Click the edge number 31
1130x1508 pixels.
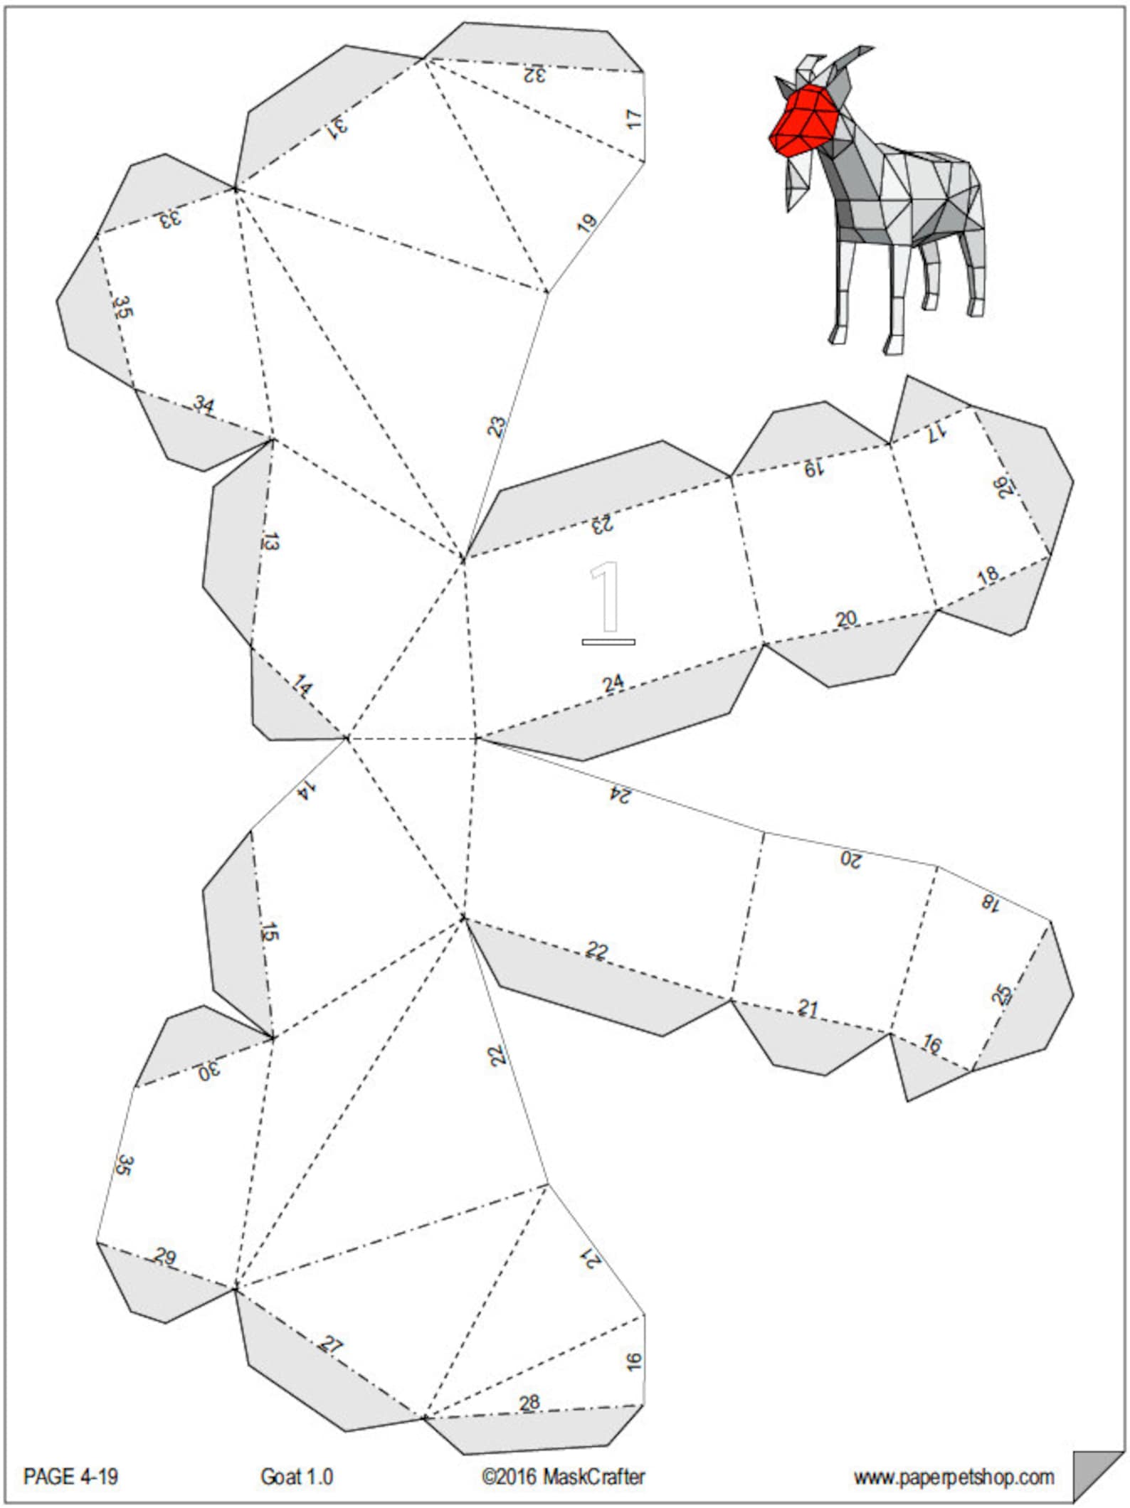coord(337,127)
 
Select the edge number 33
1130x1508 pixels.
coord(170,218)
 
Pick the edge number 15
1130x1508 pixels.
coord(270,931)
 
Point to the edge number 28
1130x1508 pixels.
coord(529,1403)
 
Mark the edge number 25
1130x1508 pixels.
coord(1001,994)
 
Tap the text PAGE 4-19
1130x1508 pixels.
coord(70,1476)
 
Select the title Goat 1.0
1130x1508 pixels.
coord(297,1476)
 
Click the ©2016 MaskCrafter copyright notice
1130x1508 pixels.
coord(564,1476)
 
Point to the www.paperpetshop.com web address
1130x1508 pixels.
coord(954,1477)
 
